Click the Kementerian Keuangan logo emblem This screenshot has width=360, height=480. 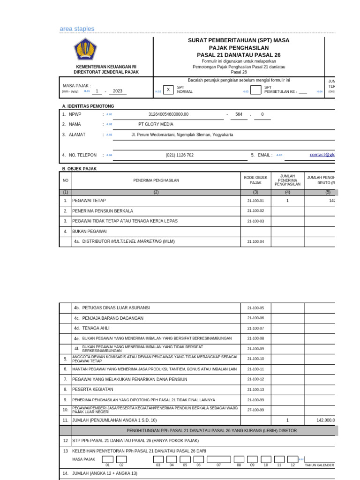(85, 49)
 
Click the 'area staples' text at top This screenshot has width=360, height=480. (77, 29)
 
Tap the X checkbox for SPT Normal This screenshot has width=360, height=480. (168, 90)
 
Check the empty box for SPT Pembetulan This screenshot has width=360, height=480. (255, 90)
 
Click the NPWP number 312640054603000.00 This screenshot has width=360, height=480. (168, 114)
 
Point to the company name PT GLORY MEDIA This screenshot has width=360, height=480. (156, 124)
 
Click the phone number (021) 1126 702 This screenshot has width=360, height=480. (179, 155)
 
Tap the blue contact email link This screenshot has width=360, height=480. (322, 155)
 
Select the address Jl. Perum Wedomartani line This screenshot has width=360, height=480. (182, 135)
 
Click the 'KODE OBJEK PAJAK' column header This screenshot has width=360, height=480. (255, 180)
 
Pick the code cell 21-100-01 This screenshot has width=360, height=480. (255, 201)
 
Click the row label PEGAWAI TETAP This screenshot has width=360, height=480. (89, 201)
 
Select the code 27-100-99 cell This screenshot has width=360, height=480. (255, 410)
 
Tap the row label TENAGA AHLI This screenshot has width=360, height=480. (96, 328)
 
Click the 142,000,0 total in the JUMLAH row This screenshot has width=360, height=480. (325, 420)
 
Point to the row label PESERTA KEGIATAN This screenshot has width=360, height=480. (92, 390)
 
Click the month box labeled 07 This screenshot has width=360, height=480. (218, 459)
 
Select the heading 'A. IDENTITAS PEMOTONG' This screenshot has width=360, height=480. (88, 106)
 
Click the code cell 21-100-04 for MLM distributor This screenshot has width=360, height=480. (255, 241)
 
